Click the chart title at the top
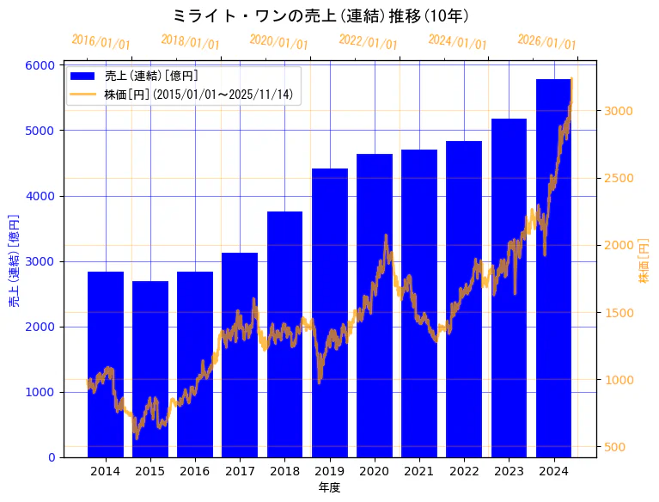point(320,15)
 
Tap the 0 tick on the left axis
point(52,457)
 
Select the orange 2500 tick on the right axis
point(619,178)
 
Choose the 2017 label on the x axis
point(240,471)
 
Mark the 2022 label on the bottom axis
point(464,471)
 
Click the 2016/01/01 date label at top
point(101,41)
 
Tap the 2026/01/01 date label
point(546,41)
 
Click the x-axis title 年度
point(329,487)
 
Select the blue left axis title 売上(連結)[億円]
point(14,261)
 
